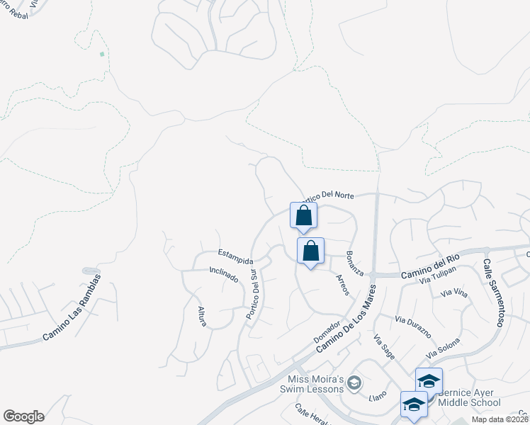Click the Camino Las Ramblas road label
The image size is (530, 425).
72,309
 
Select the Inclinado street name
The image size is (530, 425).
223,274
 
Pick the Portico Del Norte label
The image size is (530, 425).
327,196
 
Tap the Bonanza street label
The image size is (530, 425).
355,263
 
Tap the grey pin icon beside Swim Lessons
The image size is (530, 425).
356,383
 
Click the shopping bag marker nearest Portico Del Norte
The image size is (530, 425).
303,215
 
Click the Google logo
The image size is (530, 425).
23,416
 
